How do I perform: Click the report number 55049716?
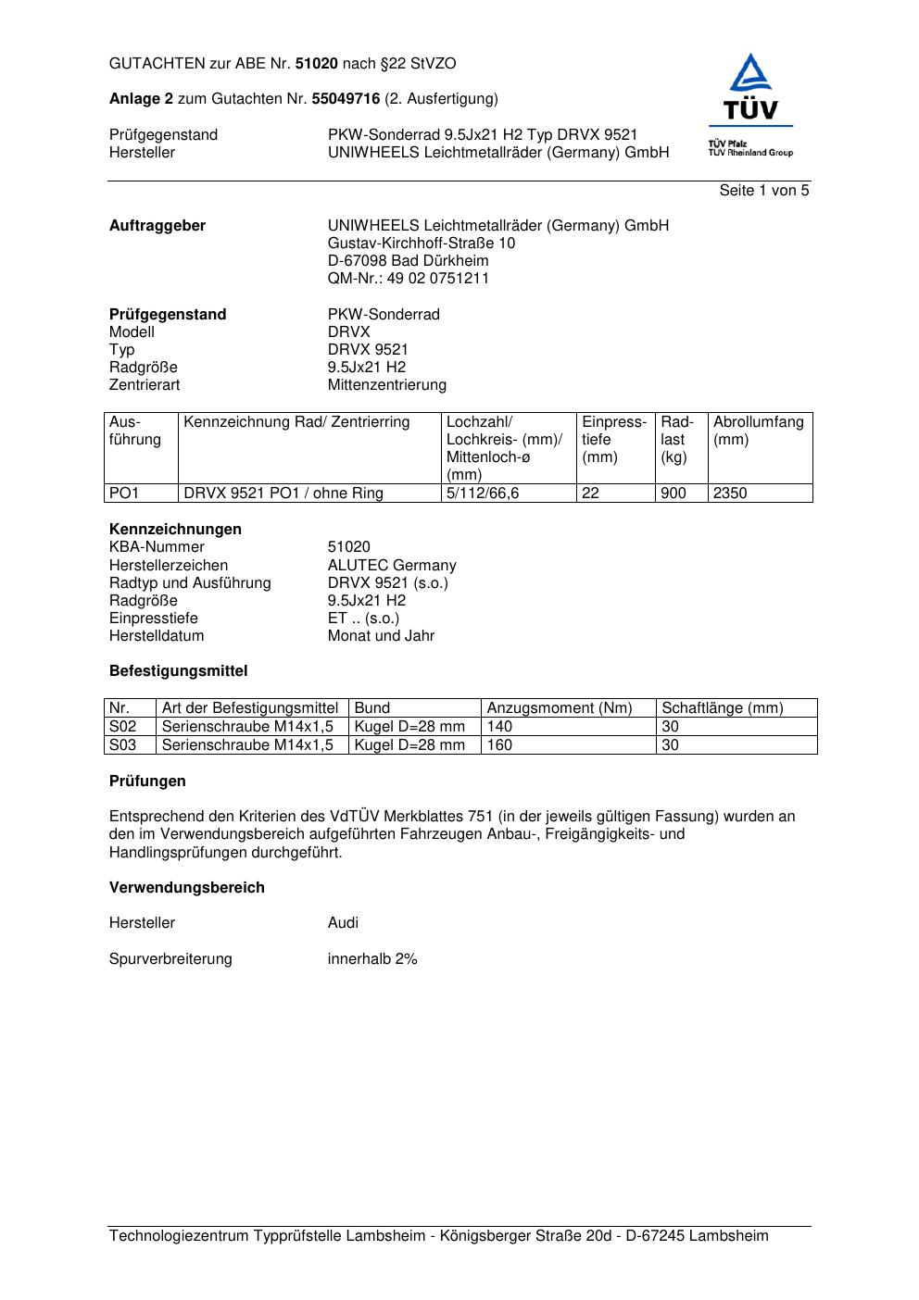[x=346, y=99]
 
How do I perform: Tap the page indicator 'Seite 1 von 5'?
[x=763, y=191]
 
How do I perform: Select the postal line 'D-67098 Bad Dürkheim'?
[x=408, y=261]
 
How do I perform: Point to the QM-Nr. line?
[x=408, y=279]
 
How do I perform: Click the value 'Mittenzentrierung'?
[x=386, y=385]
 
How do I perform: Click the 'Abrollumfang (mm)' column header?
[x=758, y=431]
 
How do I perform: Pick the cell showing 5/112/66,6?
[x=483, y=494]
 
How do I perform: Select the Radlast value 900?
[x=674, y=494]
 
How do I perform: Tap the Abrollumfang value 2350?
[x=730, y=494]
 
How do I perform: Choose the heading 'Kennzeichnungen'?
[x=175, y=530]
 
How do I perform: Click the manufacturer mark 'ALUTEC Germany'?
[x=392, y=566]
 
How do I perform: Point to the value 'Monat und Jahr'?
[x=381, y=636]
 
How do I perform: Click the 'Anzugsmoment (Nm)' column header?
[x=560, y=708]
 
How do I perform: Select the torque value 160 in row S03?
[x=499, y=745]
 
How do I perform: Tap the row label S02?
[x=122, y=727]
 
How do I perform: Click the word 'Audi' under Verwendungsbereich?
[x=343, y=923]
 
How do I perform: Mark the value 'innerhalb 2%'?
[x=372, y=959]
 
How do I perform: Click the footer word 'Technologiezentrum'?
[x=179, y=1236]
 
